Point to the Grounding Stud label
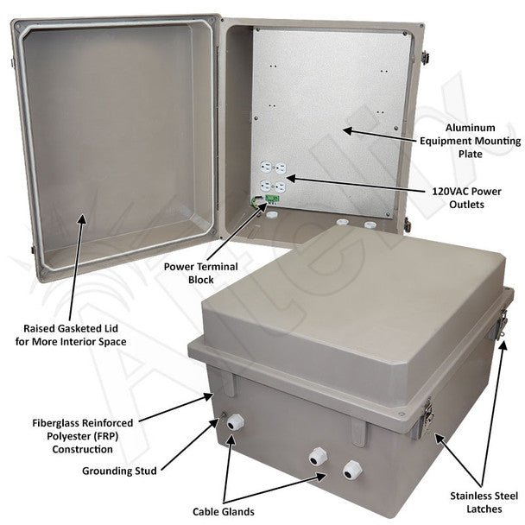pyautogui.click(x=119, y=471)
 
